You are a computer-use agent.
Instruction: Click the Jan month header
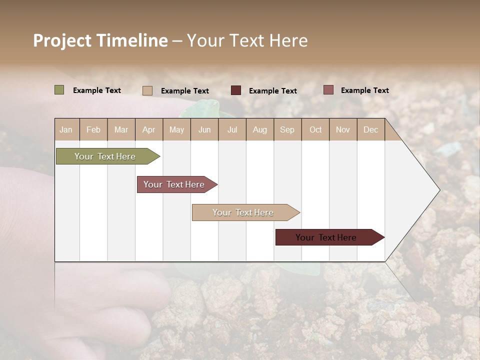[66, 130]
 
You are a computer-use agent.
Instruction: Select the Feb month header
[93, 130]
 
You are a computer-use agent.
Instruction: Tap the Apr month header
[148, 130]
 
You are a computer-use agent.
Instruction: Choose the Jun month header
[204, 130]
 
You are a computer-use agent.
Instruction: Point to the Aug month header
[259, 130]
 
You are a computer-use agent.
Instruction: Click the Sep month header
[287, 130]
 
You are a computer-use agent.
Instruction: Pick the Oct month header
[315, 130]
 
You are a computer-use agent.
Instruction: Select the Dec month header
[370, 130]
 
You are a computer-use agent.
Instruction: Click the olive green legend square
[59, 90]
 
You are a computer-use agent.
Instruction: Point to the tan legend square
[147, 90]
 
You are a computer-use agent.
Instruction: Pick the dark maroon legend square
[236, 90]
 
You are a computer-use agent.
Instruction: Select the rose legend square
[328, 90]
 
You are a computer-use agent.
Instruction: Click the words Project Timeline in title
[100, 40]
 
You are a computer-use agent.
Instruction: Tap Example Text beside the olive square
[97, 90]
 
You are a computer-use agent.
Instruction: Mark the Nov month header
[342, 130]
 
